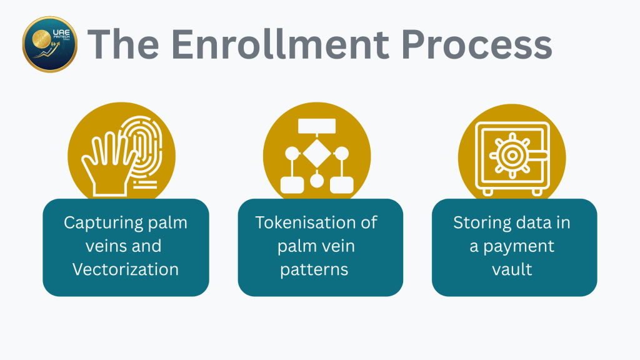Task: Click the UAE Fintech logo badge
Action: pos(49,44)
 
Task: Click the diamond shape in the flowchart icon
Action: pos(317,153)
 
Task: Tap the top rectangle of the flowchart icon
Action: pos(317,126)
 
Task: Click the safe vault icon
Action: pos(512,157)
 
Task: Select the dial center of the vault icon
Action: pos(511,154)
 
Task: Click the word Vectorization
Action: pos(126,269)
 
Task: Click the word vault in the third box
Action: pos(512,269)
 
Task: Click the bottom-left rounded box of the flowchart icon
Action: pos(291,184)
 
